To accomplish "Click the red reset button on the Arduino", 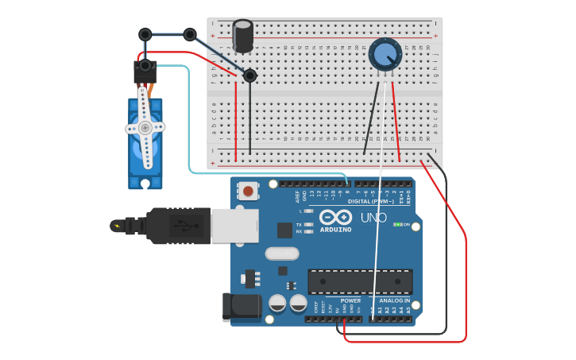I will point(249,191).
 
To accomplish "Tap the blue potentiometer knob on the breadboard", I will point(385,54).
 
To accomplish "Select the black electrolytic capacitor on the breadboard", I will point(243,37).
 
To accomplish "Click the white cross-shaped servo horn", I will point(145,127).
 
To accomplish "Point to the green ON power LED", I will point(396,224).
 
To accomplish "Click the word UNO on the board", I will point(373,218).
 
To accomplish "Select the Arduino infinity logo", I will point(335,217).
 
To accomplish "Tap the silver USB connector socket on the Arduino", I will point(234,226).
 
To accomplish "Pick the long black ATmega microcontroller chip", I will point(360,281).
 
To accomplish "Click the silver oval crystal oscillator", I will point(281,254).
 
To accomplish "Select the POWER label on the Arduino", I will point(350,300).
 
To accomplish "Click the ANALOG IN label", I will point(394,300).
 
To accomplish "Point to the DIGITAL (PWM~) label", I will point(370,201).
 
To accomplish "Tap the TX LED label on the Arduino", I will point(299,224).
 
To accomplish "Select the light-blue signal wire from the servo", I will point(189,119).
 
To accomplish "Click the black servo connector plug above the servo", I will point(145,72).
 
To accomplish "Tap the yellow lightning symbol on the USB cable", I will point(118,226).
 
